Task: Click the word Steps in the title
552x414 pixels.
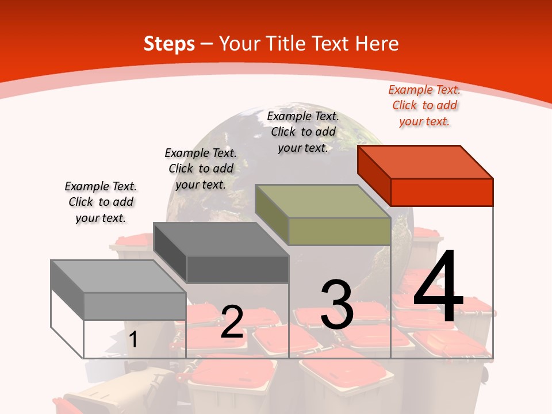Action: pyautogui.click(x=169, y=44)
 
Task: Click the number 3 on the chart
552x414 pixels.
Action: pyautogui.click(x=337, y=305)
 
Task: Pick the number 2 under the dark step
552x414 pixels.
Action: pyautogui.click(x=232, y=322)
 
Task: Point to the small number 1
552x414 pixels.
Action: pyautogui.click(x=133, y=340)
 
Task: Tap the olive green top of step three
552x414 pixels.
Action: pyautogui.click(x=322, y=201)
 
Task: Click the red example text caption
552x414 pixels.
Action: pyautogui.click(x=424, y=105)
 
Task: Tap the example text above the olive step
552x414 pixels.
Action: pyautogui.click(x=303, y=132)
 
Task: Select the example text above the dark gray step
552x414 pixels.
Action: pyautogui.click(x=201, y=168)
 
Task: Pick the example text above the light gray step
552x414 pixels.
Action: pyautogui.click(x=101, y=202)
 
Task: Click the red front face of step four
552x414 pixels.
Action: pyautogui.click(x=442, y=192)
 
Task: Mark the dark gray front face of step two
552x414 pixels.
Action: pyautogui.click(x=237, y=269)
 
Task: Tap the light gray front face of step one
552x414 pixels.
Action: pyautogui.click(x=135, y=306)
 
